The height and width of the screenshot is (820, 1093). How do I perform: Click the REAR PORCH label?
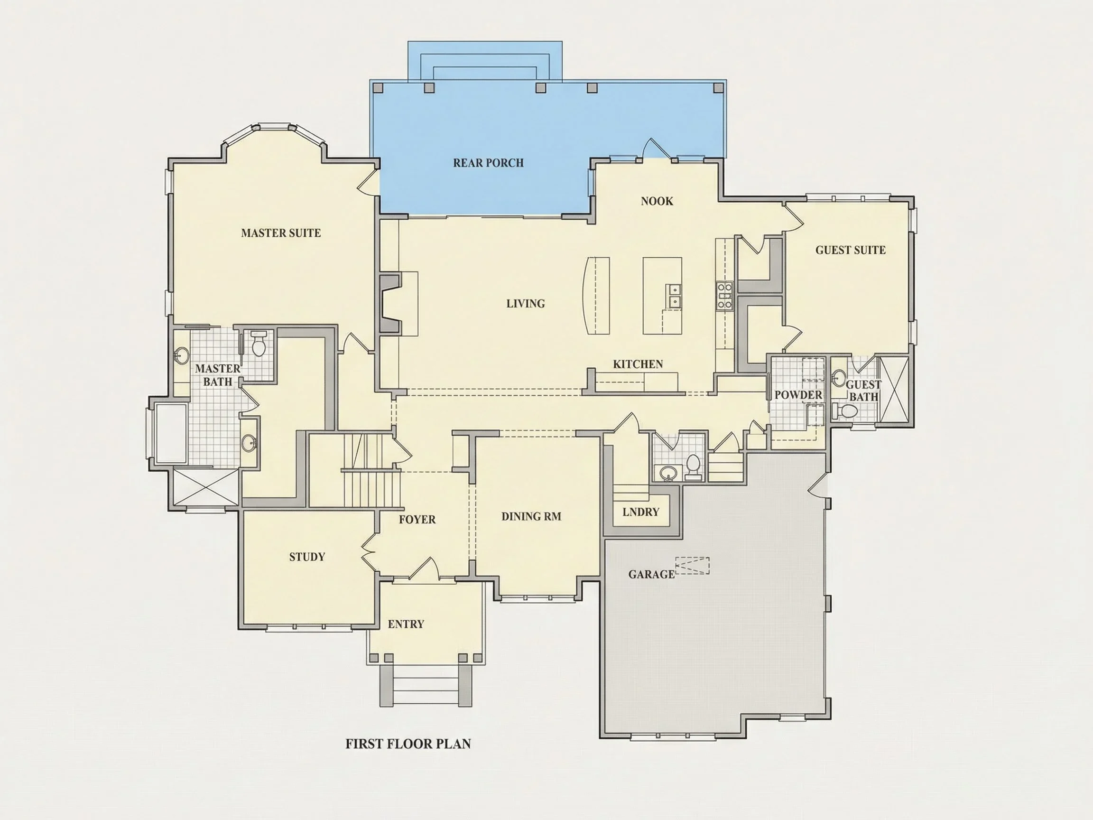coord(488,163)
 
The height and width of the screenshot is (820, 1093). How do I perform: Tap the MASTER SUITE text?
coord(281,233)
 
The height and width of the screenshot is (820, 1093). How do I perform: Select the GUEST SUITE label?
coord(851,250)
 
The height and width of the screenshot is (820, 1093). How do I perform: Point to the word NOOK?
coord(657,201)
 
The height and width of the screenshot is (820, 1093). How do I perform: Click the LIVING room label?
coord(525,304)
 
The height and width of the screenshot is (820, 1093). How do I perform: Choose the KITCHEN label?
coord(638,364)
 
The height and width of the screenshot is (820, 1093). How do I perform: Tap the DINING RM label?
coord(531,516)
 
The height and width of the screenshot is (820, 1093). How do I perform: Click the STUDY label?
coord(307,557)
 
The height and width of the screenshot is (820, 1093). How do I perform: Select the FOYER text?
coord(417,520)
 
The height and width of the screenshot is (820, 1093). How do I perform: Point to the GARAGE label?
coord(651,574)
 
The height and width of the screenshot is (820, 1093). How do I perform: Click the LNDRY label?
coord(641,512)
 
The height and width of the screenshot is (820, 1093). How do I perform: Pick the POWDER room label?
coord(798,395)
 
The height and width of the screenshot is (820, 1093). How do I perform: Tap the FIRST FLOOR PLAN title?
coord(408,744)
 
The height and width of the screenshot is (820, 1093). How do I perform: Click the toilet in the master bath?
coord(259,343)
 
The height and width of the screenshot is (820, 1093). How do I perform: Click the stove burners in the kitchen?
coord(724,295)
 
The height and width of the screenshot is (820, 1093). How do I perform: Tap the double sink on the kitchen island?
coord(674,296)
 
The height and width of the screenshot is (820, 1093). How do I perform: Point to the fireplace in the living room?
coord(390,304)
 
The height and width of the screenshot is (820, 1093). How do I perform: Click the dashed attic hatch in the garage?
coord(692,566)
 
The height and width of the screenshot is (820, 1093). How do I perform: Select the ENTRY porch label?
coord(406,624)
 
